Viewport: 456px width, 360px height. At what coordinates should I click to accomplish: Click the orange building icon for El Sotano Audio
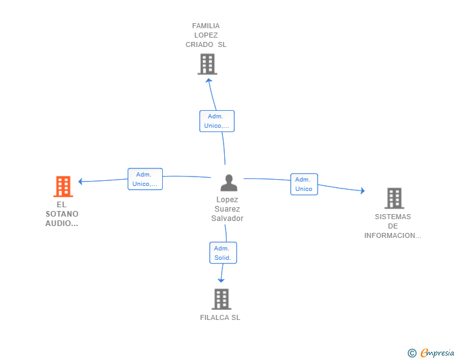click(63, 186)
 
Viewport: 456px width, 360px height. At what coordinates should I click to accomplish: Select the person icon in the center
click(229, 183)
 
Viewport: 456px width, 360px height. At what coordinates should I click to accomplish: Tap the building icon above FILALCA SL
click(221, 299)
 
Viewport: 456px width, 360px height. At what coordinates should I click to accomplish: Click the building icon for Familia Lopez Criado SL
click(207, 64)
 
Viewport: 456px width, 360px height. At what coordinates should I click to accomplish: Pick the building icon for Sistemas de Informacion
click(393, 198)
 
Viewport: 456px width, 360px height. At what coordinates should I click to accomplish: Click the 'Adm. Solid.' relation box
click(222, 253)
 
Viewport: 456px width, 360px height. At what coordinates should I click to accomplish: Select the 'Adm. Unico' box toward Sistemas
click(304, 184)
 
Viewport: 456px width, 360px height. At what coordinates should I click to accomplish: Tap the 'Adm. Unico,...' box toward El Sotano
click(145, 179)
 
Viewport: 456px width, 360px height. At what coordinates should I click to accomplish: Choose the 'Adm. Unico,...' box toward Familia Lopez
click(217, 121)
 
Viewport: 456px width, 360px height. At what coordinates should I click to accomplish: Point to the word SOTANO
click(62, 214)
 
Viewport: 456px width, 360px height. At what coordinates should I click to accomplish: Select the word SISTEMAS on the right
click(393, 217)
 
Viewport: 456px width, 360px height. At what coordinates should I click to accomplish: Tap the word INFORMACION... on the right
click(393, 236)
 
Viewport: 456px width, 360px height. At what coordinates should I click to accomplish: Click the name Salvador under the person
click(227, 219)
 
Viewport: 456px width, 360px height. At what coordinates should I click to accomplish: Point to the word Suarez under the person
click(227, 209)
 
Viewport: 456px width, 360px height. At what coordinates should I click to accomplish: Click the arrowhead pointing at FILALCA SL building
click(220, 280)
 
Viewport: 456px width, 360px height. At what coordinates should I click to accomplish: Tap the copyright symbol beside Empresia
click(412, 353)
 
